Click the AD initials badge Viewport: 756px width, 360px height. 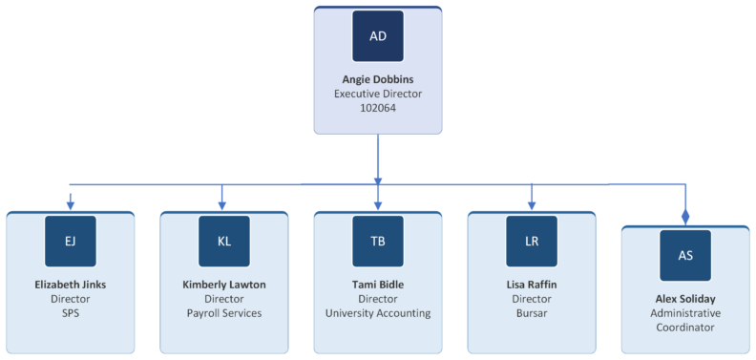coord(378,36)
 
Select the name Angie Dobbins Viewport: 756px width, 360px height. coord(378,79)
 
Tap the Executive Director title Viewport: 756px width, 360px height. coord(378,94)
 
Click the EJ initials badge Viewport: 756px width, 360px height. coord(70,241)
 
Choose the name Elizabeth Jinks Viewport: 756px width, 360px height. coord(70,285)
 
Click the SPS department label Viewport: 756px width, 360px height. coord(70,313)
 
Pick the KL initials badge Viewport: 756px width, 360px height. coord(223,241)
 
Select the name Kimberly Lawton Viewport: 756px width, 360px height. coord(223,285)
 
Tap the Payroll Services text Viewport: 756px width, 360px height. coord(223,313)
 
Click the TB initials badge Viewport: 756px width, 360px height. coord(378,241)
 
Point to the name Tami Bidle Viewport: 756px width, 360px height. coord(378,285)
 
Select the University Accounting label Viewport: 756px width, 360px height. coord(378,313)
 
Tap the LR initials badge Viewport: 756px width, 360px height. coord(532,241)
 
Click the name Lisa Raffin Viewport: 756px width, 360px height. coord(532,285)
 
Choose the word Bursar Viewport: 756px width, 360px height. coord(532,313)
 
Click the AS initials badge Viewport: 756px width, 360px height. coord(685,255)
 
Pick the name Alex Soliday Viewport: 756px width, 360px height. coord(685,299)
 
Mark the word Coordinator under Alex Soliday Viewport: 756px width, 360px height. coord(685,328)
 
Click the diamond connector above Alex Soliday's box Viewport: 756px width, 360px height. coord(685,218)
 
